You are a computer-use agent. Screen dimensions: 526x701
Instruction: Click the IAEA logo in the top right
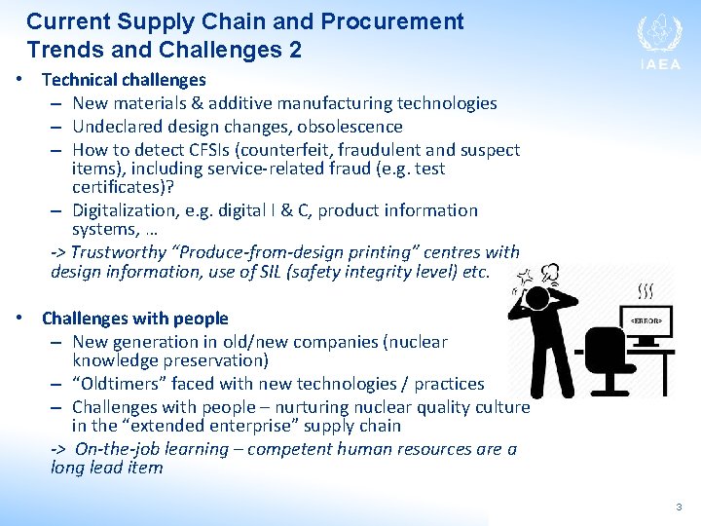(x=659, y=41)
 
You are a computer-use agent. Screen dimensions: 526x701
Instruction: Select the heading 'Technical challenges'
(x=124, y=80)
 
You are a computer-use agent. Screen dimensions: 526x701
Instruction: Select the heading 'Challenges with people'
(x=134, y=319)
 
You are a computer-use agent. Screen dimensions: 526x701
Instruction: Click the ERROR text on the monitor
(x=645, y=319)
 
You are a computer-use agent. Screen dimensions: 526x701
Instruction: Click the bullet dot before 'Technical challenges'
(x=21, y=79)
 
